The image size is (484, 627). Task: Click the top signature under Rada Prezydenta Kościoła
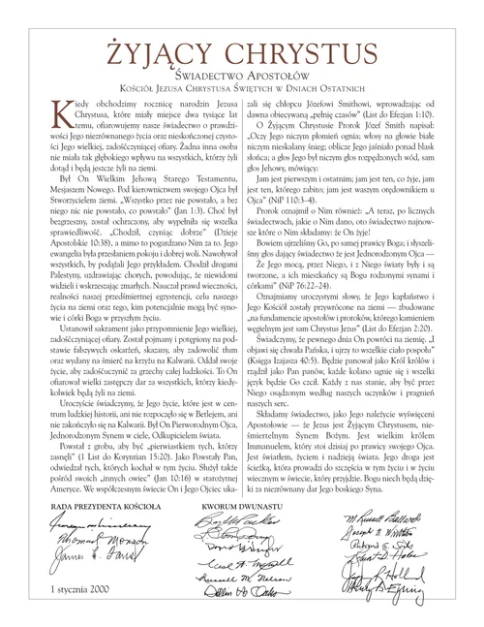click(x=92, y=524)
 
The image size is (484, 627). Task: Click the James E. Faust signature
click(x=92, y=565)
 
